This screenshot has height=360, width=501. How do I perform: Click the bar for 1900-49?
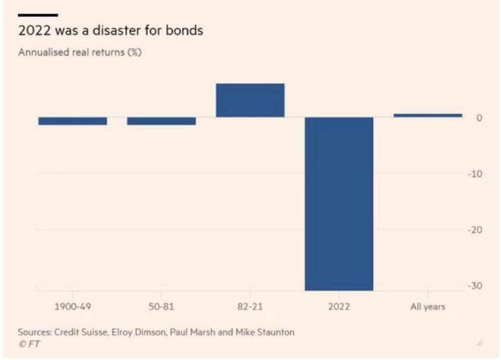[72, 121]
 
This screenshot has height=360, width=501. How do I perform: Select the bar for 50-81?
[161, 121]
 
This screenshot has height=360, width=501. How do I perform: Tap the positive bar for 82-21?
[250, 100]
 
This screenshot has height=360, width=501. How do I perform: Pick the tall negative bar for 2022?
[339, 204]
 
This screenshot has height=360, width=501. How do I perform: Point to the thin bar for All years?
[428, 115]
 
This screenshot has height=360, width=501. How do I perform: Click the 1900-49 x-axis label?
[72, 306]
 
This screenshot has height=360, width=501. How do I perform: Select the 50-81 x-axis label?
[161, 306]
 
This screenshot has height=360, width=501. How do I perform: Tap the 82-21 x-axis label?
[250, 306]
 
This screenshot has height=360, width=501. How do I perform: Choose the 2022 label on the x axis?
[339, 306]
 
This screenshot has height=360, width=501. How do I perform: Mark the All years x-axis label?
[428, 306]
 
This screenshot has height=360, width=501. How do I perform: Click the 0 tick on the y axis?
[479, 118]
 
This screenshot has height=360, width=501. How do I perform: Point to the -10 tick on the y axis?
[475, 174]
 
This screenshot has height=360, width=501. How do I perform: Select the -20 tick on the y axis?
[475, 230]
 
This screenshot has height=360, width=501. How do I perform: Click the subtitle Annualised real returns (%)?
[80, 52]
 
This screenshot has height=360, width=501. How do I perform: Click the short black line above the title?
[38, 14]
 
